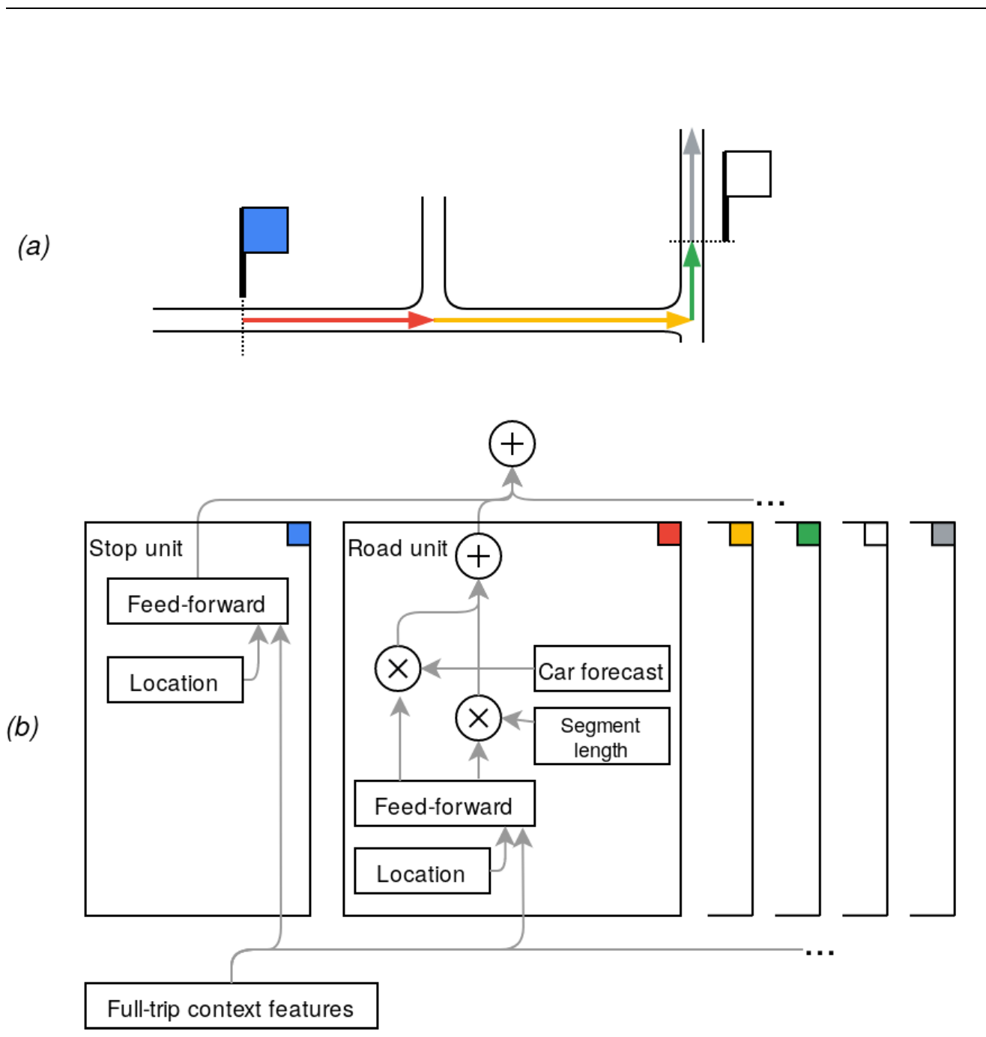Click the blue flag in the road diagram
point(265,230)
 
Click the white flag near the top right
point(748,174)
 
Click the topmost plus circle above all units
point(512,444)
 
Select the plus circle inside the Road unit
point(478,556)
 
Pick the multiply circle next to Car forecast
point(398,668)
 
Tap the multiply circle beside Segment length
point(478,718)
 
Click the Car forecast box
point(602,668)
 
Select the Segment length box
point(602,737)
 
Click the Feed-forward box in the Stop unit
point(197,601)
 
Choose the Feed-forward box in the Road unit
point(444,803)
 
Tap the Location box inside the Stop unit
point(175,680)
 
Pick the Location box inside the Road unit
point(422,871)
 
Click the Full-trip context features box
point(231,1006)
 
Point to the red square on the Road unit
point(669,533)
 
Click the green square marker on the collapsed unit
point(808,533)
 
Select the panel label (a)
point(34,246)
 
